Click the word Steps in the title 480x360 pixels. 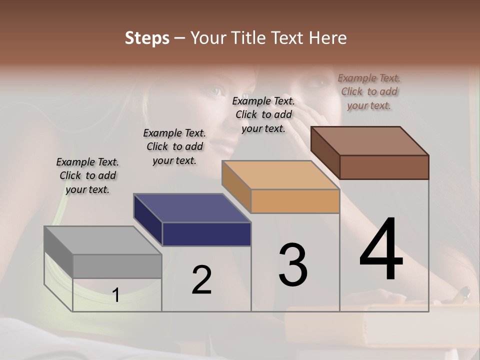pyautogui.click(x=147, y=38)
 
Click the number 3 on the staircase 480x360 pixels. pyautogui.click(x=293, y=264)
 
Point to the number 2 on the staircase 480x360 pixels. pyautogui.click(x=201, y=280)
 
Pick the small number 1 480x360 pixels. pyautogui.click(x=115, y=295)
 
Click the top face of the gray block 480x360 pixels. pyautogui.click(x=102, y=240)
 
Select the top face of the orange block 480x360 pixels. pyautogui.click(x=280, y=175)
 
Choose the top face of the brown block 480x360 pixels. pyautogui.click(x=369, y=141)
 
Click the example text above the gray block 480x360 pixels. pyautogui.click(x=87, y=175)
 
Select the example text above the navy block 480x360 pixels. pyautogui.click(x=174, y=146)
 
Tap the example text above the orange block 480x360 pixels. pyautogui.click(x=263, y=114)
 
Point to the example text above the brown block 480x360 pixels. pyautogui.click(x=369, y=91)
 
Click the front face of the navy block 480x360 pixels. pyautogui.click(x=206, y=234)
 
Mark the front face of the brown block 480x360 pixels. pyautogui.click(x=384, y=167)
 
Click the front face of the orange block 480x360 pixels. pyautogui.click(x=295, y=201)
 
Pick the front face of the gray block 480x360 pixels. pyautogui.click(x=117, y=266)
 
